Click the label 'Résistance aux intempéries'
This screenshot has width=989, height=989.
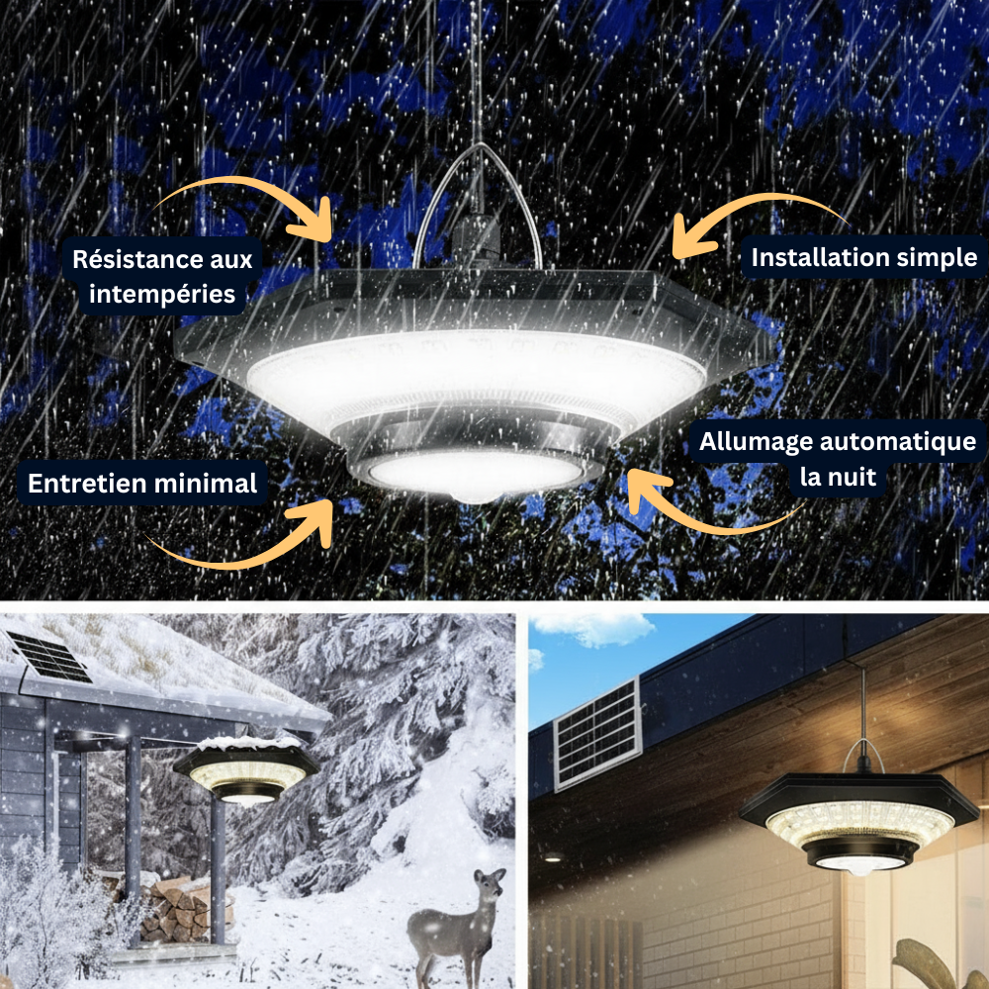162,277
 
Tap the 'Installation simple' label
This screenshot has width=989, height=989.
863,258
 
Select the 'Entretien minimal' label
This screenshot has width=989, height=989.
142,484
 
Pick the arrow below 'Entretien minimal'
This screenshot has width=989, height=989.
247,539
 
